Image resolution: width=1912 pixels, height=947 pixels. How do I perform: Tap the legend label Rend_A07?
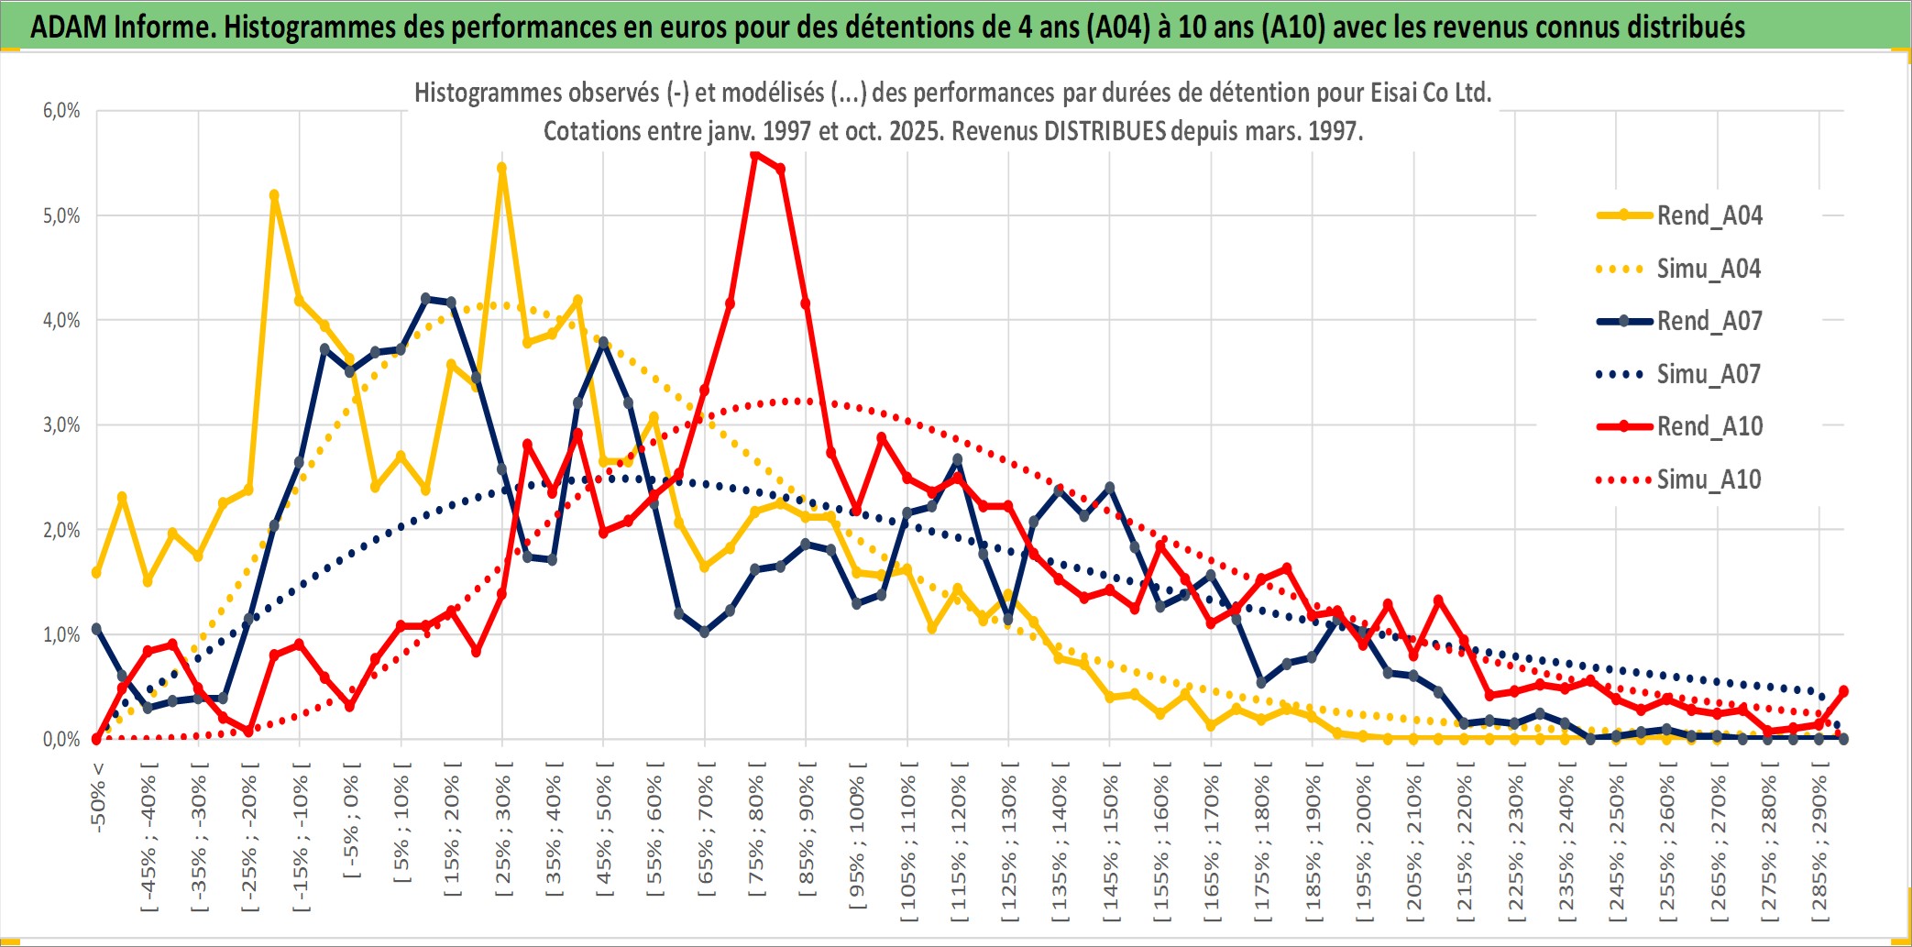(1709, 321)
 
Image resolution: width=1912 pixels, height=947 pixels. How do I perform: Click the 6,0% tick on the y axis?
(61, 111)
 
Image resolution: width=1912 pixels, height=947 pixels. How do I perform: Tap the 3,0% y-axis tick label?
(61, 425)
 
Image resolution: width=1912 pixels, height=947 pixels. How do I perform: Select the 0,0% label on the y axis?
(61, 739)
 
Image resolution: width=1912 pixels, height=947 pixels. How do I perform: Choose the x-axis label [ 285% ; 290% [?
(1819, 847)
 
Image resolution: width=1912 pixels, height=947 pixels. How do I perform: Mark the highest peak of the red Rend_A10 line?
(755, 156)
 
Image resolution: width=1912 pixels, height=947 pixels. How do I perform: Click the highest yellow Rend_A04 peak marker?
(502, 168)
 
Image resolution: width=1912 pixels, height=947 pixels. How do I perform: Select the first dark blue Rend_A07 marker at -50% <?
(97, 629)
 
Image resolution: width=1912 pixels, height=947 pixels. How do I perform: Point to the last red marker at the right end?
(1843, 691)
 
